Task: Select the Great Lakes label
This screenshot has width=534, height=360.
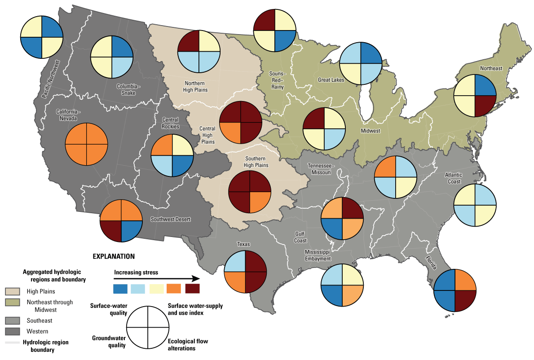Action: tap(331, 80)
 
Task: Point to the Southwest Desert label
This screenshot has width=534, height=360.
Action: tap(171, 220)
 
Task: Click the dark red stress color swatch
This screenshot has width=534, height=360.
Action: tap(192, 288)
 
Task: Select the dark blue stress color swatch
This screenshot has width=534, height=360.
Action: tap(120, 288)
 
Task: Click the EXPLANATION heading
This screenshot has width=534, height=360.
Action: tap(114, 257)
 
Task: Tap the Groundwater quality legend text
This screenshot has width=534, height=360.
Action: tap(109, 342)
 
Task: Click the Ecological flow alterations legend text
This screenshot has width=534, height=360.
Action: tap(188, 345)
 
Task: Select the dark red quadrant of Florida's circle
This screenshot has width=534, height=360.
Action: tap(465, 300)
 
